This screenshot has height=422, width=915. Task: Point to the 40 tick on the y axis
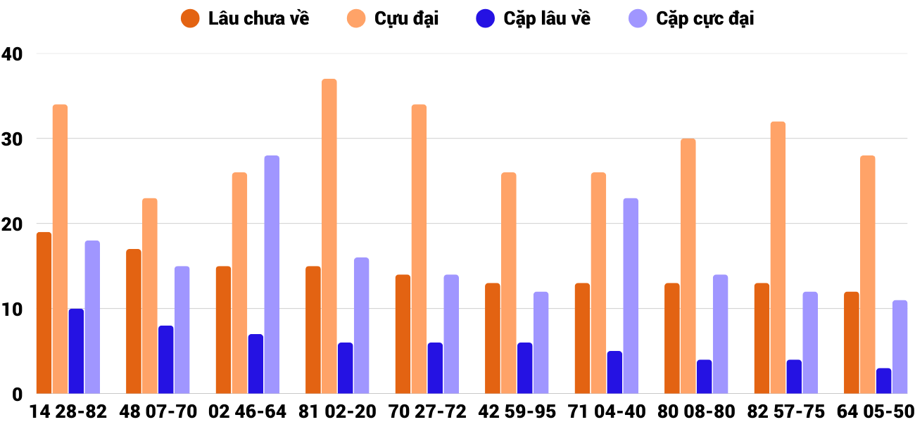coord(13,53)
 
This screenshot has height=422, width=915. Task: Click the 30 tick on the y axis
coord(13,139)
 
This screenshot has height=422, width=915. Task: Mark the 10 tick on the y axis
coord(13,309)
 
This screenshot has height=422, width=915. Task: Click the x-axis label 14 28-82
coord(68,411)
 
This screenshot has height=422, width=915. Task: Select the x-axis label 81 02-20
coord(337,411)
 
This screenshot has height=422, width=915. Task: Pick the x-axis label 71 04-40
coord(606,411)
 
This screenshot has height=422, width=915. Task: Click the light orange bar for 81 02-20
coord(329,236)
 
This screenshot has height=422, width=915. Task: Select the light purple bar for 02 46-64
coord(272,274)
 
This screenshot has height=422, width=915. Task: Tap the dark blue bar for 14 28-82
coord(76,351)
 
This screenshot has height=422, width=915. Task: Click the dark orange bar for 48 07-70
coord(134,321)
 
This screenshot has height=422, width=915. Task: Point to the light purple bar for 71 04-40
coord(631,296)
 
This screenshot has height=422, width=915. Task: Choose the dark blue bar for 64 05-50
coord(883,381)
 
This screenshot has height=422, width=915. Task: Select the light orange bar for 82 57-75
coord(778,257)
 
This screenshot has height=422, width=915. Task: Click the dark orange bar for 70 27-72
coord(403,334)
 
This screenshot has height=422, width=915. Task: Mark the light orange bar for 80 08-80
coord(688,266)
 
